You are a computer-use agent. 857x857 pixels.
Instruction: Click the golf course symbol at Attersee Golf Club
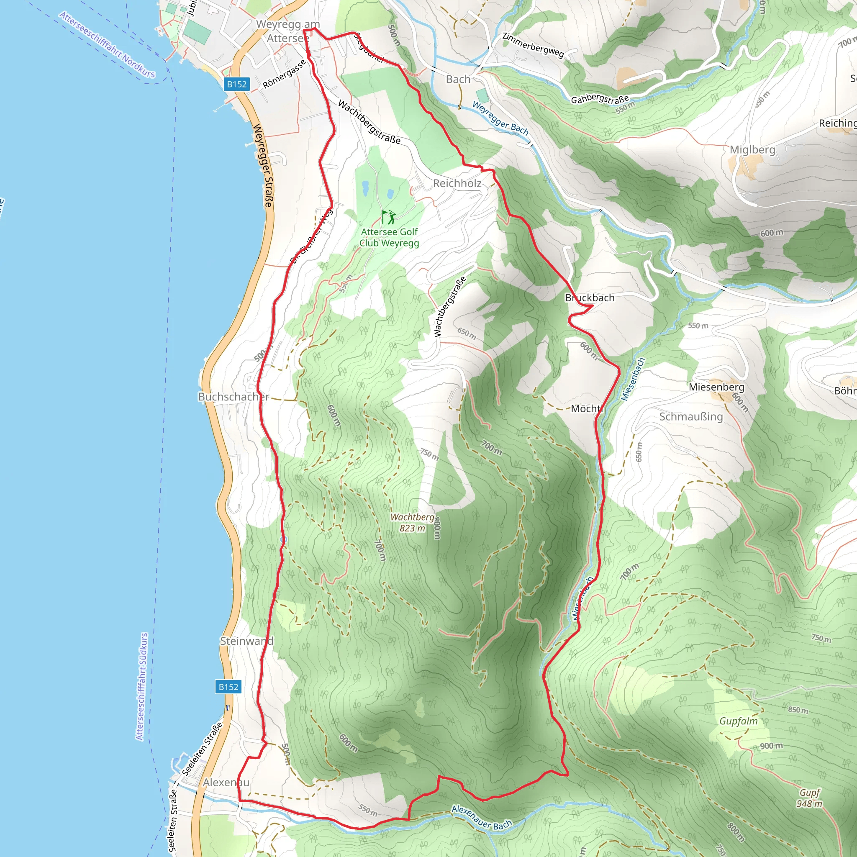click(x=389, y=217)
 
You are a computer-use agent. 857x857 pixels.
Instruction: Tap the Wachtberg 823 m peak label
click(x=413, y=523)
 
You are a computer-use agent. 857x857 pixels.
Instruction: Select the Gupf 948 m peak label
click(x=810, y=798)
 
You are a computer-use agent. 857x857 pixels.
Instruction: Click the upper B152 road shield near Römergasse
click(x=236, y=84)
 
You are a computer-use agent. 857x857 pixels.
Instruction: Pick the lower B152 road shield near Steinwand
click(x=228, y=687)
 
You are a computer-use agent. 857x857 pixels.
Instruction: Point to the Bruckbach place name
click(x=590, y=298)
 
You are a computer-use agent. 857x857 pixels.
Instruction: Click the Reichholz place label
click(x=457, y=183)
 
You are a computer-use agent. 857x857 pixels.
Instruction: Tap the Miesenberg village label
click(x=716, y=387)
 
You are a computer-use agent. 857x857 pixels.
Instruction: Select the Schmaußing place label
click(x=690, y=416)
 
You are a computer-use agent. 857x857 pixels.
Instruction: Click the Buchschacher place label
click(x=233, y=397)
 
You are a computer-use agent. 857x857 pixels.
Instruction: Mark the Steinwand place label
click(x=246, y=641)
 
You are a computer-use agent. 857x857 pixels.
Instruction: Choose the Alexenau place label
click(x=226, y=783)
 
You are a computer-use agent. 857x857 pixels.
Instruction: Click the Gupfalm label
click(x=739, y=721)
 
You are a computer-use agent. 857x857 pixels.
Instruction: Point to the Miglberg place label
click(x=752, y=149)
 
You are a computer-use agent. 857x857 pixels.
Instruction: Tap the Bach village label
click(x=458, y=80)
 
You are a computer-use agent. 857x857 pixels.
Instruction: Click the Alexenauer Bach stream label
click(x=482, y=817)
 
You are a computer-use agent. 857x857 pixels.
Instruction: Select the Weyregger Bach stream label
click(x=500, y=118)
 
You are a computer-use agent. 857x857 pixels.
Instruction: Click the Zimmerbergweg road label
click(x=533, y=45)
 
